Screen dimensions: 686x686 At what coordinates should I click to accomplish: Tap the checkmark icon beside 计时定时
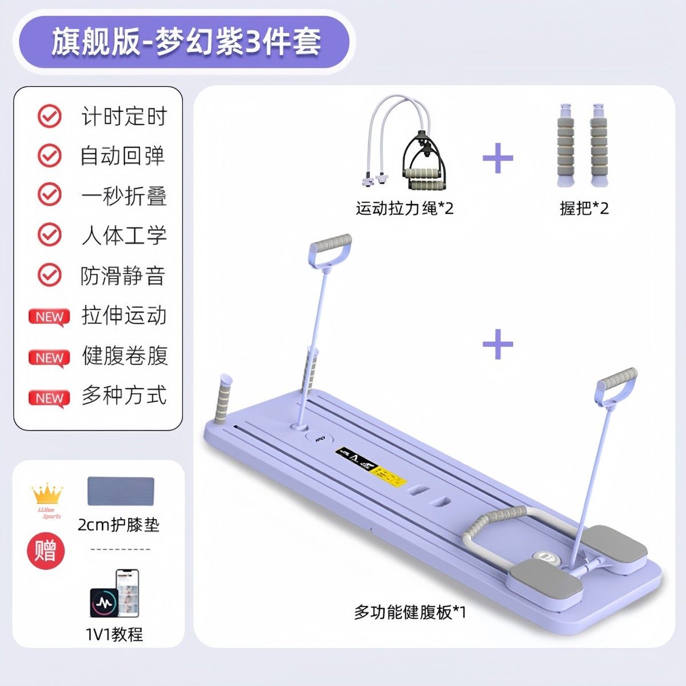tap(50, 116)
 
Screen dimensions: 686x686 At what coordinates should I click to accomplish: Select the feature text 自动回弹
tap(123, 156)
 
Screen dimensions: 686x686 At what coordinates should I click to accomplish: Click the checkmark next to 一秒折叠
tap(50, 195)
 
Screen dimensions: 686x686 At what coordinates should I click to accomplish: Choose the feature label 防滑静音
tap(123, 276)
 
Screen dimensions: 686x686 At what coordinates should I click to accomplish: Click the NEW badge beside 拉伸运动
tap(49, 317)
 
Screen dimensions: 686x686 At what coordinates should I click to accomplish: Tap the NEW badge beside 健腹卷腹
tap(49, 357)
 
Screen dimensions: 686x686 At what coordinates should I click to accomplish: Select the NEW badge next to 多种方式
tap(49, 398)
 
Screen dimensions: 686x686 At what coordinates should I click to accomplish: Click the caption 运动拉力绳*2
tap(405, 208)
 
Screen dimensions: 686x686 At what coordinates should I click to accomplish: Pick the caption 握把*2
tap(584, 208)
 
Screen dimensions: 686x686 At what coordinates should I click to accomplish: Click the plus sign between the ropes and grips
tap(498, 158)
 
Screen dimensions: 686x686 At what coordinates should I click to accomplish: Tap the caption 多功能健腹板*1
tap(410, 612)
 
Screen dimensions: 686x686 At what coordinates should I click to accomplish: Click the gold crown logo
tap(47, 494)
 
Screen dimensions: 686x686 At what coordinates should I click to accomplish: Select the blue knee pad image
tap(121, 492)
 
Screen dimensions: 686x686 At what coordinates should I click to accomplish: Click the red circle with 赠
tap(46, 551)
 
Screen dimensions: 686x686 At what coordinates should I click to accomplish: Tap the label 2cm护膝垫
tap(118, 524)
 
